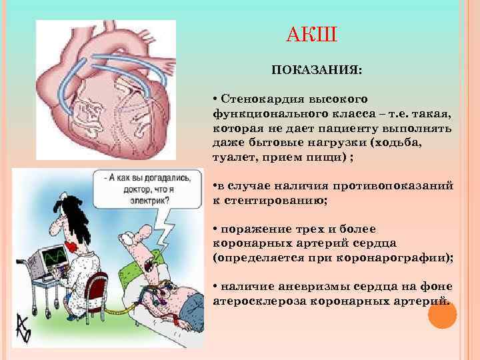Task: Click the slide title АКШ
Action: [312, 33]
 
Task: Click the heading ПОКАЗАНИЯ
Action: [315, 69]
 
